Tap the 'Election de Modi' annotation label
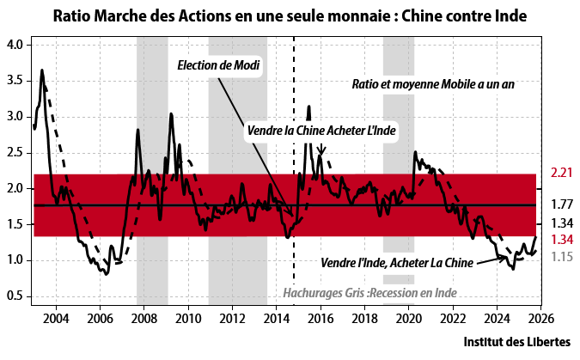218,66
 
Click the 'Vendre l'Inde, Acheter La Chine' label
396,262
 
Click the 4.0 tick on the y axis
18,44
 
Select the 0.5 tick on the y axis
18,296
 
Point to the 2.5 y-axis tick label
18,152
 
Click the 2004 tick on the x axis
56,320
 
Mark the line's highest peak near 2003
42,70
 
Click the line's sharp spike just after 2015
308,107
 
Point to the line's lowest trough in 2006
106,273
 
